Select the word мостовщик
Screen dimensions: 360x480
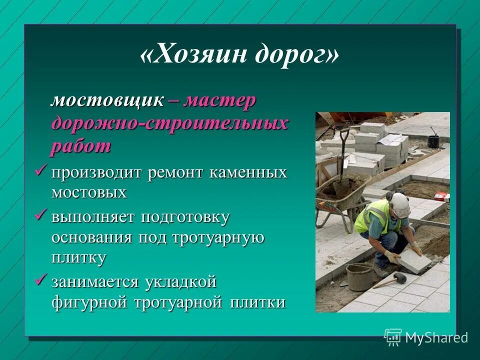pos(107,100)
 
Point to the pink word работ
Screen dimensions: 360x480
pos(80,146)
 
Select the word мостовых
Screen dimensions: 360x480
pos(88,192)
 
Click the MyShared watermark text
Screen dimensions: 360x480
pos(436,337)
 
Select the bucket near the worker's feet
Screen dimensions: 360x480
pos(359,275)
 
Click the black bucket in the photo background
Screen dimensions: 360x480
pos(433,141)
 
